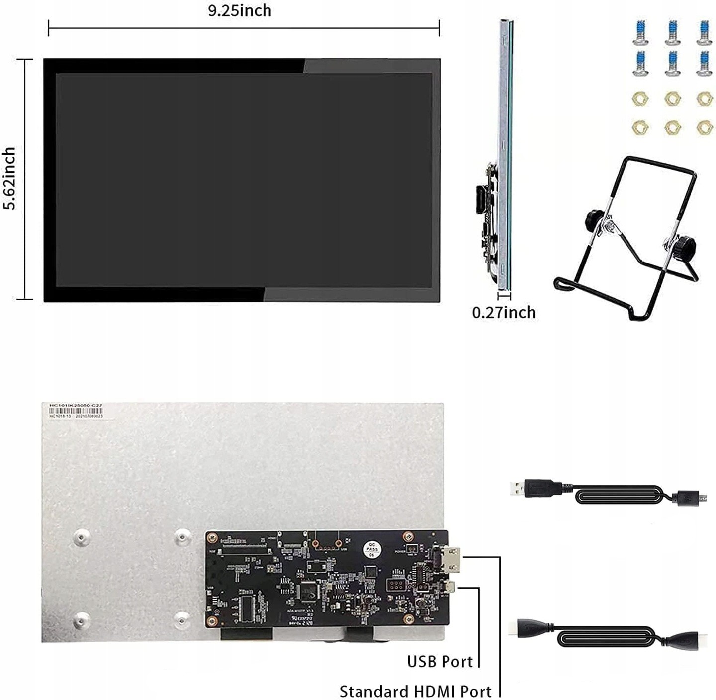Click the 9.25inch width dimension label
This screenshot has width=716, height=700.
pos(240,10)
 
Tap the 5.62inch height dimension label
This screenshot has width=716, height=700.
pos(9,178)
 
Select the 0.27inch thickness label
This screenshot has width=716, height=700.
pos(503,312)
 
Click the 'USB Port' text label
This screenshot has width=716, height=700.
pos(440,662)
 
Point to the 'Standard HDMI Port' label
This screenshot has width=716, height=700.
pos(415,692)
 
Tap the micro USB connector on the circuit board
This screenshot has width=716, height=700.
pos(449,587)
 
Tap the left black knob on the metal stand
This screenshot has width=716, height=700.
pos(594,218)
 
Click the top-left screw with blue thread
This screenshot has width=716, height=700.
pos(640,31)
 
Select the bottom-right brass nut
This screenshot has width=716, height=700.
pos(704,128)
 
